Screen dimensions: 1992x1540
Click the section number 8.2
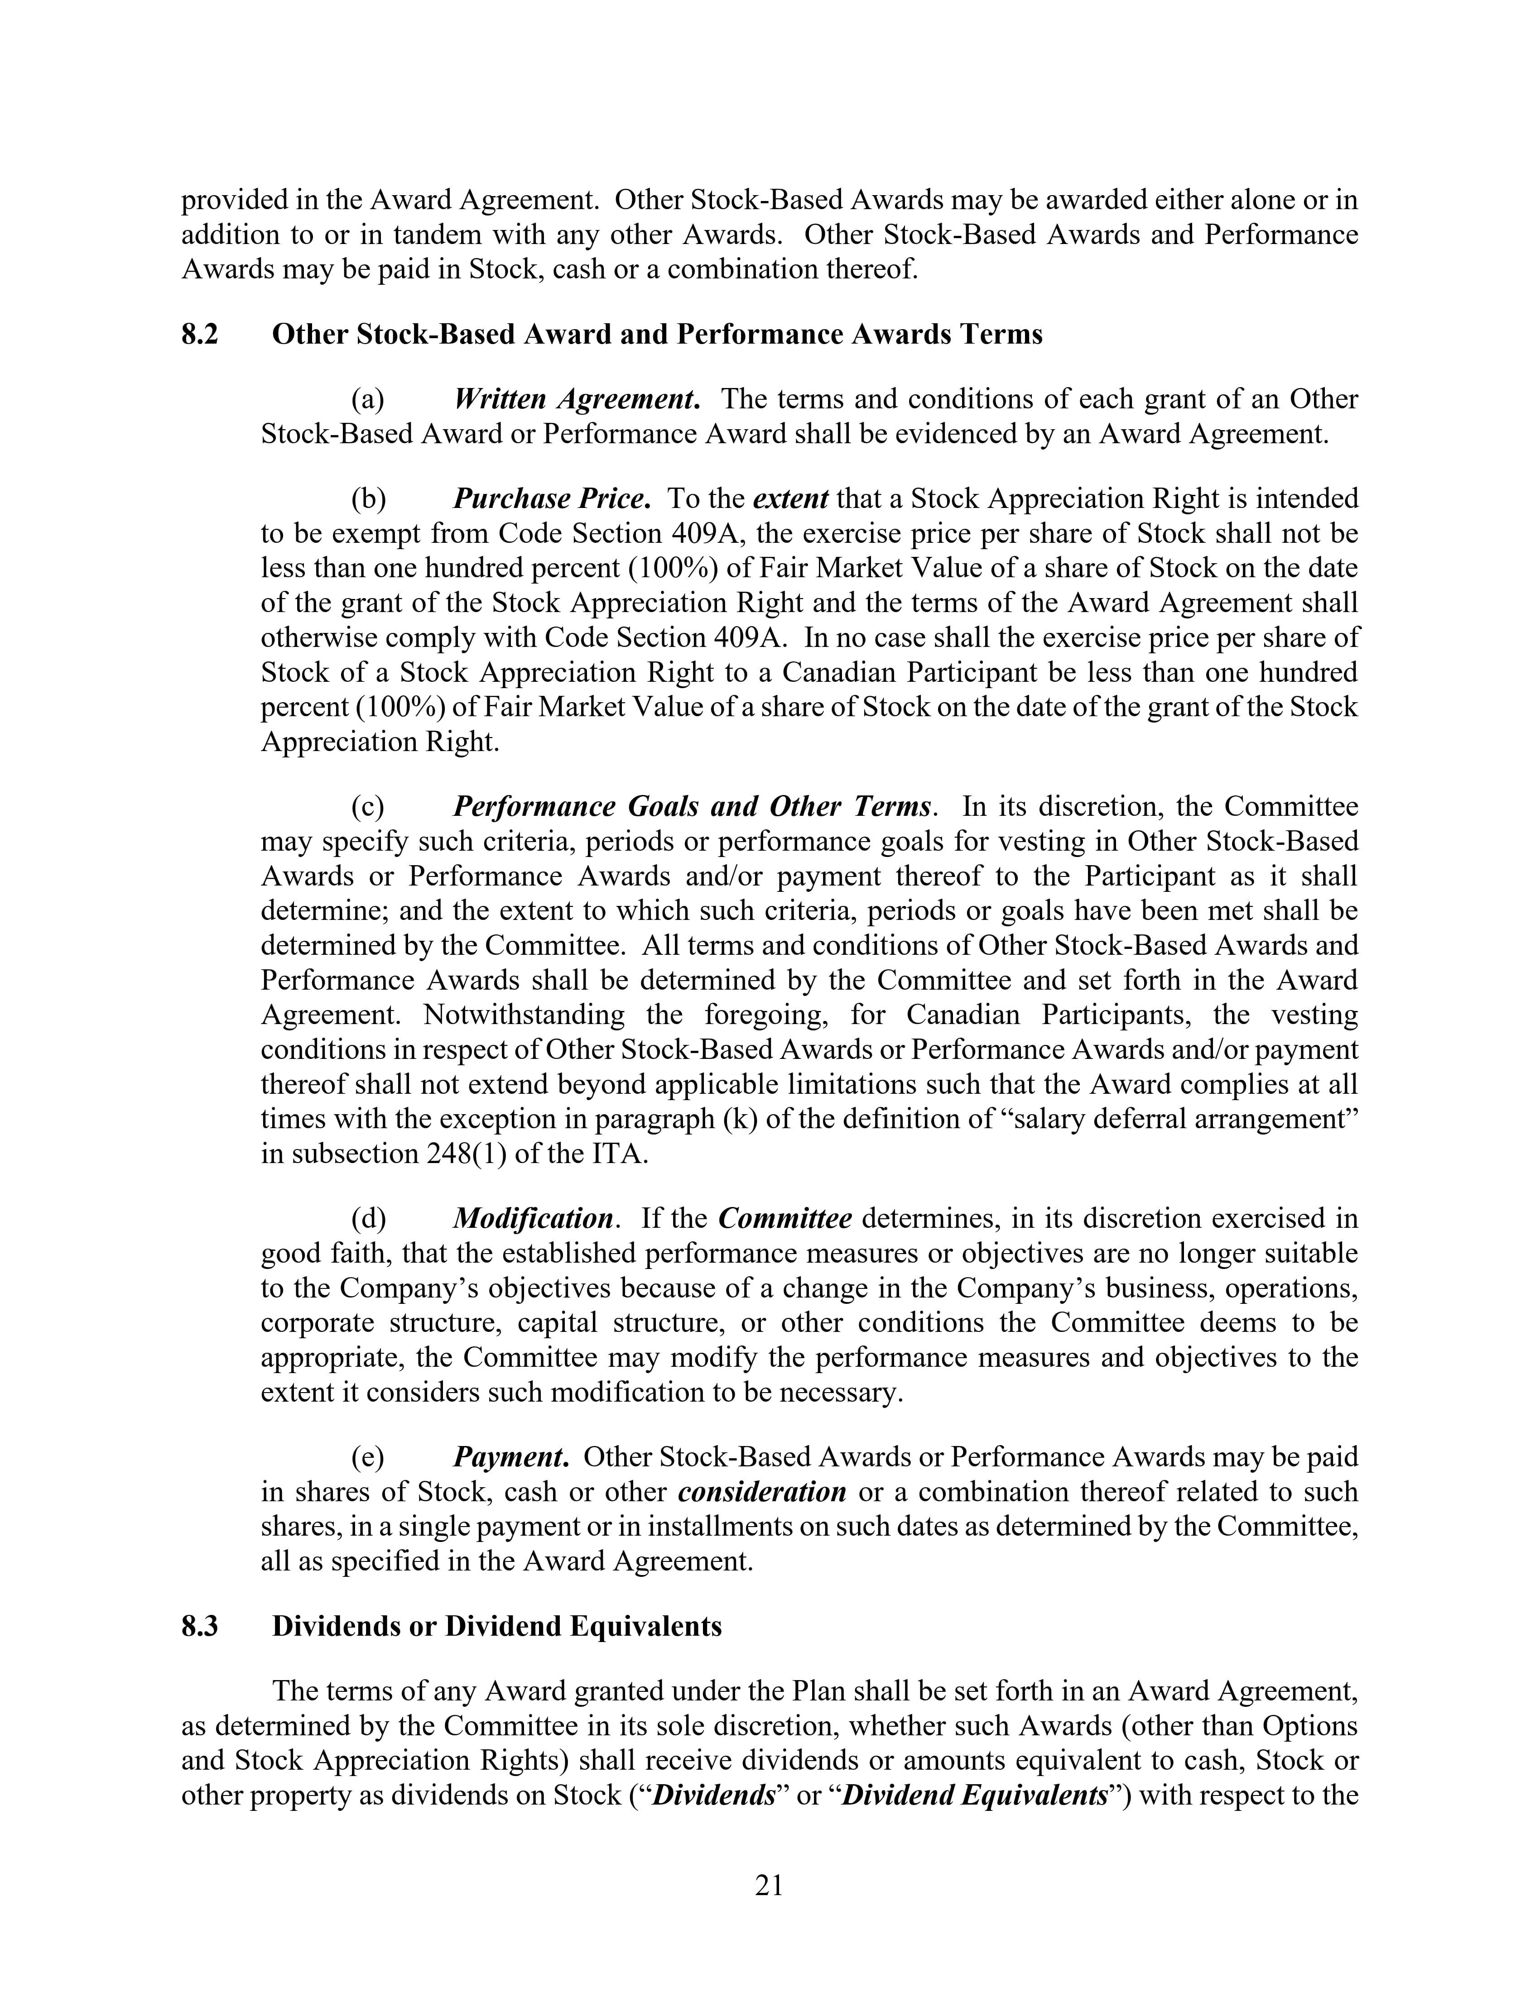pyautogui.click(x=200, y=335)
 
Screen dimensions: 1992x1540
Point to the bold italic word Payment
pyautogui.click(x=511, y=1456)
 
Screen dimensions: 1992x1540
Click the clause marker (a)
pyautogui.click(x=368, y=399)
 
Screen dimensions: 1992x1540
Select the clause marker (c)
pyautogui.click(x=368, y=807)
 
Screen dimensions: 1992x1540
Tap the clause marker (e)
pyautogui.click(x=368, y=1456)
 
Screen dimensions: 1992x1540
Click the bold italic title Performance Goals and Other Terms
pyautogui.click(x=693, y=807)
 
